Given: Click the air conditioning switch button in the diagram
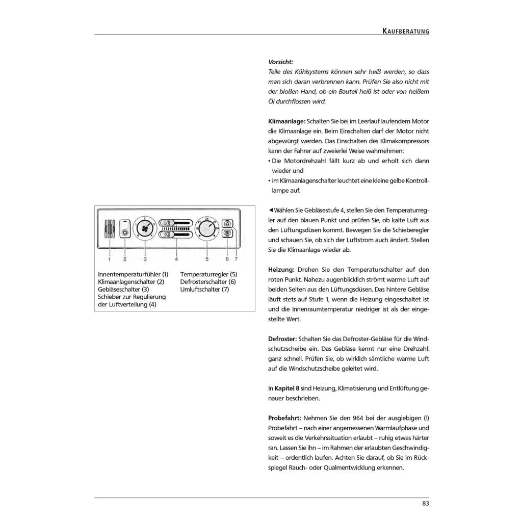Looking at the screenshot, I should (x=125, y=232).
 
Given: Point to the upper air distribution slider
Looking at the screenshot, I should (x=176, y=223).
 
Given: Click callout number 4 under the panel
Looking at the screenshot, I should (x=176, y=259).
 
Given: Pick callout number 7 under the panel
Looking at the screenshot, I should (x=236, y=259).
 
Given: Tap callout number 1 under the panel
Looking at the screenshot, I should (x=109, y=259).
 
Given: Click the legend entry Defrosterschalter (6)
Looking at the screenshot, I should (x=207, y=282).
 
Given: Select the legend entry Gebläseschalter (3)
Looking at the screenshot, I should (x=123, y=290).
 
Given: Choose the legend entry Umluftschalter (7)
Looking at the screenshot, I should (x=205, y=290).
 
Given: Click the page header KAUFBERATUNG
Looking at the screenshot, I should (x=406, y=31).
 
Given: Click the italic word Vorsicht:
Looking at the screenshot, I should (x=280, y=62).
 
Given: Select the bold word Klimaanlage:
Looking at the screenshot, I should (x=286, y=121).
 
